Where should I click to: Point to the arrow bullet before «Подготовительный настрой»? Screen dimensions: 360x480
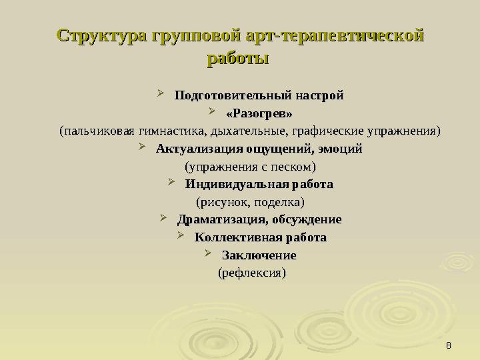point(161,94)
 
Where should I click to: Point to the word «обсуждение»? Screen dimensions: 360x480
point(307,219)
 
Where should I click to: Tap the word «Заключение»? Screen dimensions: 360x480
point(259,255)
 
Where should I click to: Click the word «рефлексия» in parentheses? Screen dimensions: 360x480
point(252,273)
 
